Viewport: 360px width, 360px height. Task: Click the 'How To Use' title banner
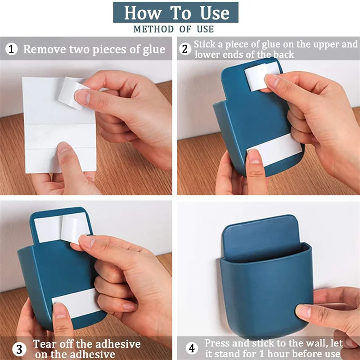tap(175, 13)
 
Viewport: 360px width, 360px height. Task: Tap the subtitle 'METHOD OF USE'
tap(174, 29)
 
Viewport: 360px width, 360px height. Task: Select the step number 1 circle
tap(11, 49)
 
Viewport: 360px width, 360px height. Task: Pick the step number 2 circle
tap(185, 49)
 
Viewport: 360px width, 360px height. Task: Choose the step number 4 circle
tap(192, 348)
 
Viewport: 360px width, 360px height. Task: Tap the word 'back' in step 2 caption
tap(283, 54)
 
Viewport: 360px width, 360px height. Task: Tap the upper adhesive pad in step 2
tap(262, 76)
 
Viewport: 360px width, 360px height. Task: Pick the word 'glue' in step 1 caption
tap(153, 50)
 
